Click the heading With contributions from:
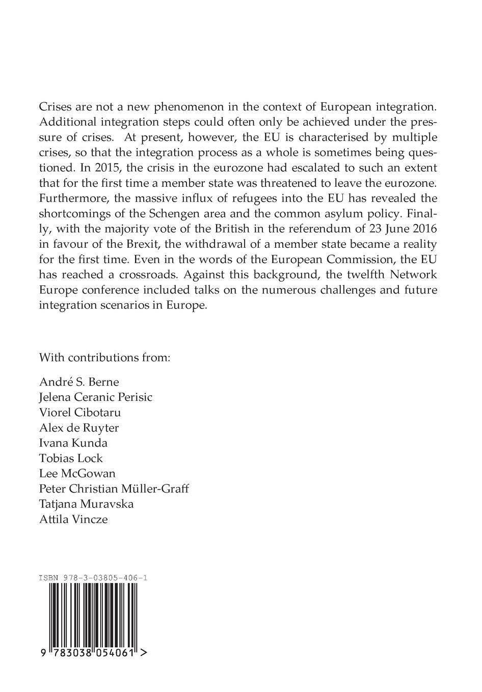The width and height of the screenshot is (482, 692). coord(104,357)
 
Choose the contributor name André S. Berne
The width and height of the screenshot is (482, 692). coord(79,382)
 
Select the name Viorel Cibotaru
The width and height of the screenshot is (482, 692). coord(80,412)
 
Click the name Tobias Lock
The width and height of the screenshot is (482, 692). coord(71,458)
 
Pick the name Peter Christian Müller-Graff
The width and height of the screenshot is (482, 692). coord(114,488)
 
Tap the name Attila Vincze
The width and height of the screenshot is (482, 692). coord(73,519)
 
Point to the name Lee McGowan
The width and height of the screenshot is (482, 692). coord(77,473)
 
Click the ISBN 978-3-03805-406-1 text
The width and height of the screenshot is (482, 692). coord(93,578)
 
